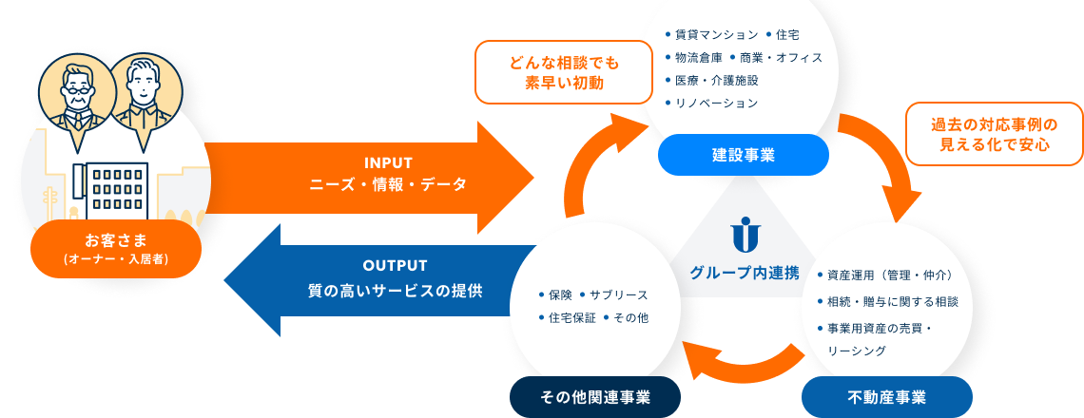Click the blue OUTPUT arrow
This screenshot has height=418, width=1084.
[x=380, y=280]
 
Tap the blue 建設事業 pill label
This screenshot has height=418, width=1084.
[x=744, y=155]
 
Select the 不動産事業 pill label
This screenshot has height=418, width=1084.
[x=886, y=397]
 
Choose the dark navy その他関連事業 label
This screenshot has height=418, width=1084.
[x=594, y=397]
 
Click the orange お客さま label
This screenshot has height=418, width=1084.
[x=116, y=249]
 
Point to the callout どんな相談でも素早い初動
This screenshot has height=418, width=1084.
[x=564, y=72]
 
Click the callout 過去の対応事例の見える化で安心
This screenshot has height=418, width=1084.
[x=994, y=134]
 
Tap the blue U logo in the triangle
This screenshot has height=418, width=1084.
[x=745, y=233]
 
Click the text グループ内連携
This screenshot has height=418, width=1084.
[x=745, y=273]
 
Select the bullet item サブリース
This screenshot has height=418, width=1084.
[x=614, y=295]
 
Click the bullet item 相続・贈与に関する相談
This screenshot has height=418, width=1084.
[x=888, y=302]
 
